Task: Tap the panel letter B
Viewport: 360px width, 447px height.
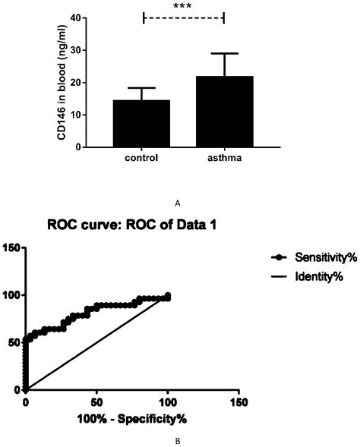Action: coord(176,439)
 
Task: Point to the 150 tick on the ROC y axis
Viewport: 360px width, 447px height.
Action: coord(10,247)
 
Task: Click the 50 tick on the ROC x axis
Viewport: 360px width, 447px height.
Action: coord(96,401)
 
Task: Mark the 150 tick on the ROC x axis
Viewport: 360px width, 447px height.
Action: coord(238,401)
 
